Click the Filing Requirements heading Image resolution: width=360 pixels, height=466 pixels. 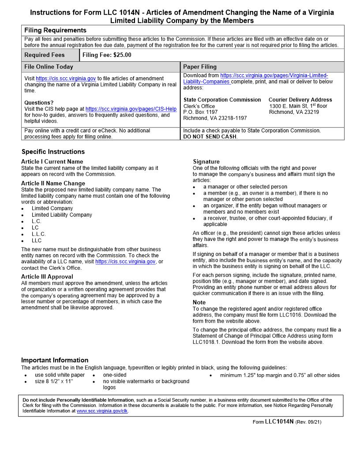tap(55, 30)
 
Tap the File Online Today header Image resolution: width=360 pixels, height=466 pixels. tap(49, 67)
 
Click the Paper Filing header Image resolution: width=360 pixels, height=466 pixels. tap(200, 67)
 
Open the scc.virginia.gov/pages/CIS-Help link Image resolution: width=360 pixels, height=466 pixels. tap(131, 109)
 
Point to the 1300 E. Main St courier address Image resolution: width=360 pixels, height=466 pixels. tap(298, 106)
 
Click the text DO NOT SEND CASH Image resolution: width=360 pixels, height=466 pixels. tap(210, 137)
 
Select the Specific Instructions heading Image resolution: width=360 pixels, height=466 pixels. tap(53, 152)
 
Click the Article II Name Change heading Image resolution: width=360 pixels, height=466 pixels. tap(53, 183)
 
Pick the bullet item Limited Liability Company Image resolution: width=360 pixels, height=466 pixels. tap(62, 215)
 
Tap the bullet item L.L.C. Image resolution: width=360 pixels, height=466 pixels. tap(38, 234)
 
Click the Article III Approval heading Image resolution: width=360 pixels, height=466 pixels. tap(47, 277)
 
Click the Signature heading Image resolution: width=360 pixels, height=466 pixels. tap(206, 162)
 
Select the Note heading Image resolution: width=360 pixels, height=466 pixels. tap(199, 302)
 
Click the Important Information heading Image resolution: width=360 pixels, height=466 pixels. tap(55, 360)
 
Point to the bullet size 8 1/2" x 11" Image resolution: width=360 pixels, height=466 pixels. tap(54, 381)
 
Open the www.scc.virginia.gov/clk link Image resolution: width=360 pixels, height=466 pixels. tap(102, 411)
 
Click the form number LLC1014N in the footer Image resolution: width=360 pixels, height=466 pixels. tap(279, 421)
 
